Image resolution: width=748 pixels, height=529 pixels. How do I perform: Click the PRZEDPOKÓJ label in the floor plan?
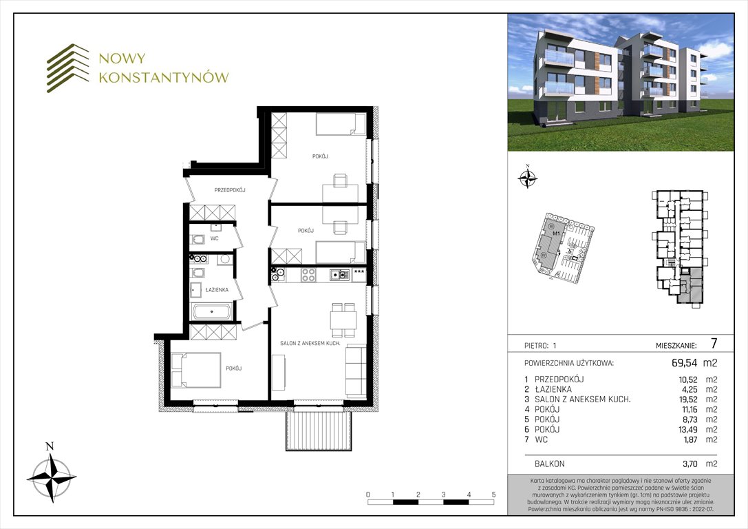coord(230,189)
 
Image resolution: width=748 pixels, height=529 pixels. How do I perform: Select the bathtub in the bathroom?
coord(212,312)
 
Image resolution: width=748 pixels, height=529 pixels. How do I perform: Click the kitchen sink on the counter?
coord(338,275)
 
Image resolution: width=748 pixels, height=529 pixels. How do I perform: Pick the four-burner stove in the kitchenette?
coord(308,275)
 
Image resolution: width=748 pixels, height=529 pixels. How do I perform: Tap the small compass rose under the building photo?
coord(527,178)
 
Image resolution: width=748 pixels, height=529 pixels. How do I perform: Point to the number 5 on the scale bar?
coord(493,495)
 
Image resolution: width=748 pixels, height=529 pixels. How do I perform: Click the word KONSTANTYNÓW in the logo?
coord(163,77)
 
